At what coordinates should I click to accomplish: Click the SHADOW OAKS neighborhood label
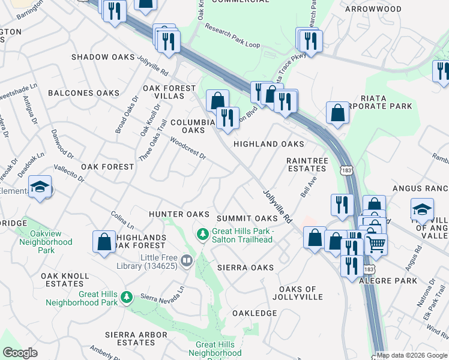103,57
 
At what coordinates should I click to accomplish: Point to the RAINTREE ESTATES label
307,164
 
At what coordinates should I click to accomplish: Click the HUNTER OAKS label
178,214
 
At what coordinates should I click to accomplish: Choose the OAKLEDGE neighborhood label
255,313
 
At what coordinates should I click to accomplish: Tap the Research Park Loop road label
232,36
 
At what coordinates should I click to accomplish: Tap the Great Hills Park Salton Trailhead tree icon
203,232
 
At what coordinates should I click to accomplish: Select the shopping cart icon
376,243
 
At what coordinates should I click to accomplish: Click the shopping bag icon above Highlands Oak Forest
104,242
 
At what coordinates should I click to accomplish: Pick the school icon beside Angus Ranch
422,209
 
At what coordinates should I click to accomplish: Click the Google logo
20,353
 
